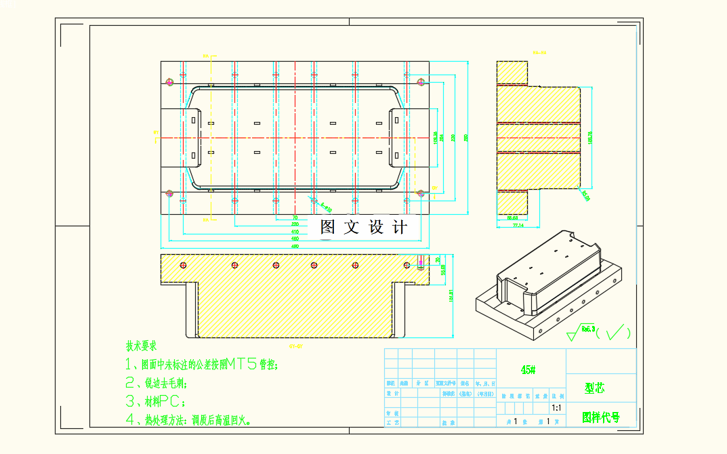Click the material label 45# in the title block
(528, 370)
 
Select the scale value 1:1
(556, 408)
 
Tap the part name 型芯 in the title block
(595, 388)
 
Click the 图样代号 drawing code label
(600, 417)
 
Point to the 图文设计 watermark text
(364, 228)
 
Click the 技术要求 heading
(141, 346)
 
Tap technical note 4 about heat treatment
(189, 420)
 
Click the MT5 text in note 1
(242, 365)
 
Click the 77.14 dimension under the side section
(518, 224)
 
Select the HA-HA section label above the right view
(539, 52)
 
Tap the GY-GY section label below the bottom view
(295, 346)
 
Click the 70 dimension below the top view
(295, 218)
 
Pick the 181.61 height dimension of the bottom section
(451, 295)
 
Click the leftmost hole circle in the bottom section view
(182, 264)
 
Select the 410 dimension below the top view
(295, 231)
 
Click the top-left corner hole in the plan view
(170, 83)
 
